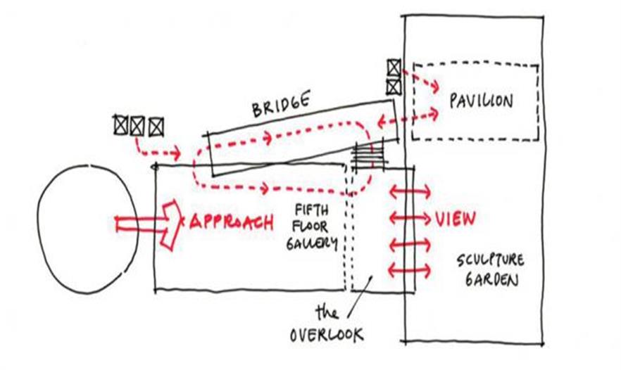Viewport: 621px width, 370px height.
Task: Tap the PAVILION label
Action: coord(481,101)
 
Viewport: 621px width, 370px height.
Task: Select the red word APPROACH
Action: coord(230,222)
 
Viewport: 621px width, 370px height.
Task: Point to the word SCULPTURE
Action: coord(490,260)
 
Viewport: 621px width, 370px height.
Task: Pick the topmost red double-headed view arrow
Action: coord(408,191)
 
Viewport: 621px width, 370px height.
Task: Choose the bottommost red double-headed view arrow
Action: coord(408,269)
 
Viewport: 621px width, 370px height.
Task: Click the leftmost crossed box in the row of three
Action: coord(121,125)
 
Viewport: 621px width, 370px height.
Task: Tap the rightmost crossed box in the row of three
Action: coord(156,126)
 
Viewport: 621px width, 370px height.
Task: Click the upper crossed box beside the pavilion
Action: coord(394,68)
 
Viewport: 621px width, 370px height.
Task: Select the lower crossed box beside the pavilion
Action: coord(394,87)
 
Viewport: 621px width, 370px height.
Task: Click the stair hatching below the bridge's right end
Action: coord(368,153)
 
